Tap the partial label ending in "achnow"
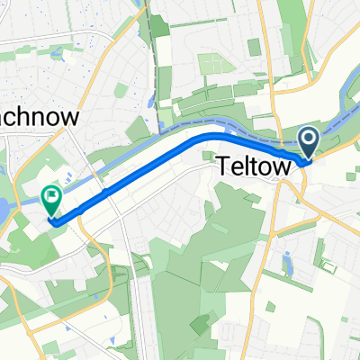(x=40, y=118)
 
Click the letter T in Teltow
(x=222, y=166)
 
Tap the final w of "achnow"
(x=72, y=118)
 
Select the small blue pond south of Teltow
(x=287, y=264)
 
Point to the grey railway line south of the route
(x=139, y=270)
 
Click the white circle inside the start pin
(x=308, y=139)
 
